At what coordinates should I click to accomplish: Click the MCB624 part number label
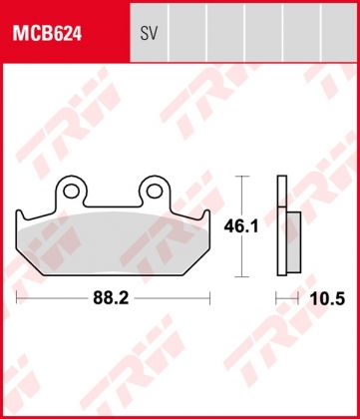pos(47,34)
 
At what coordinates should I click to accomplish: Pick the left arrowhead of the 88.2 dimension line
pos(20,297)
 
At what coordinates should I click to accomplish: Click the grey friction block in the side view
pos(291,242)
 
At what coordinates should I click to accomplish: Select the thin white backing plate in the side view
pos(281,226)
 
